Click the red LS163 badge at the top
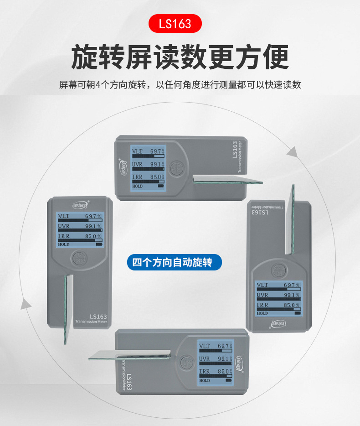[175, 23]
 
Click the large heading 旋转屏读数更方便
[180, 57]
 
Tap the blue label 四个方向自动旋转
[176, 262]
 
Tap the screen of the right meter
[278, 298]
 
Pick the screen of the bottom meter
[215, 363]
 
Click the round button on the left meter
[80, 260]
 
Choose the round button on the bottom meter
[185, 362]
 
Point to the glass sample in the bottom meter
[130, 355]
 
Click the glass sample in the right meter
[290, 219]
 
